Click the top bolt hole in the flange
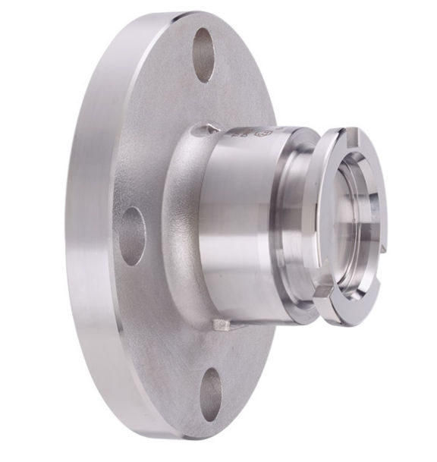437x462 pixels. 203,55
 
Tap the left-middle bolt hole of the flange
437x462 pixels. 132,236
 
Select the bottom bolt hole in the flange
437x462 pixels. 211,395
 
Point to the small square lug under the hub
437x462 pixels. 221,325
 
